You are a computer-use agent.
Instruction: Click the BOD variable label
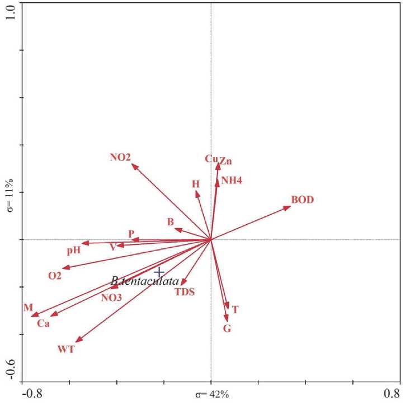pyautogui.click(x=302, y=200)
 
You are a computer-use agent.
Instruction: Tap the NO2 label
pyautogui.click(x=120, y=158)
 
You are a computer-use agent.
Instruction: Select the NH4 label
pyautogui.click(x=232, y=180)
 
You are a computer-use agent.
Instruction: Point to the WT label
pyautogui.click(x=66, y=349)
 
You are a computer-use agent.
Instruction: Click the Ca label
pyautogui.click(x=44, y=323)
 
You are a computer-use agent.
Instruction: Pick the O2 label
pyautogui.click(x=55, y=275)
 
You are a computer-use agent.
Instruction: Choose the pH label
pyautogui.click(x=74, y=251)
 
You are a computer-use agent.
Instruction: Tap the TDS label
pyautogui.click(x=185, y=292)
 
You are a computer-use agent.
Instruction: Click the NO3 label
pyautogui.click(x=111, y=297)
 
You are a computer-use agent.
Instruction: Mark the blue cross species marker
pyautogui.click(x=159, y=271)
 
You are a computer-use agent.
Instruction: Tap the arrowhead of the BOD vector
pyautogui.click(x=290, y=207)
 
